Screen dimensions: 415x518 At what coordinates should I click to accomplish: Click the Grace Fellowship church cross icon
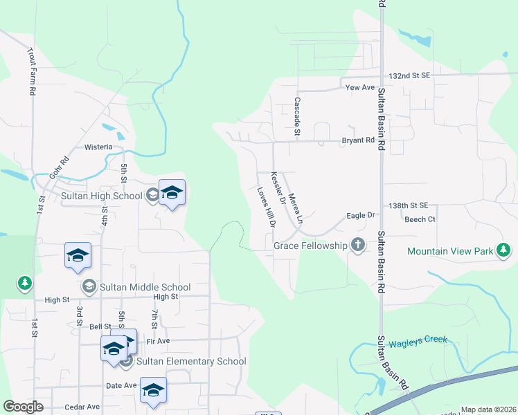(x=357, y=245)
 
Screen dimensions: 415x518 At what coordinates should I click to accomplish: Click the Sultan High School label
(x=101, y=196)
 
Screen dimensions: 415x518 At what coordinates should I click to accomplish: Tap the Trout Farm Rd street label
(x=31, y=71)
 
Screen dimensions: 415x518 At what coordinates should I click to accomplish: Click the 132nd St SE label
(x=410, y=75)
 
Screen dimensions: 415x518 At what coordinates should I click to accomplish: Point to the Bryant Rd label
(x=358, y=140)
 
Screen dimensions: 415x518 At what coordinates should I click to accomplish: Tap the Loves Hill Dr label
(x=267, y=207)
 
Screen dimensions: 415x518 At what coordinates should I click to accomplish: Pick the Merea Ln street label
(x=296, y=208)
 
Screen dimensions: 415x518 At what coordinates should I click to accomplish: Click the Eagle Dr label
(x=360, y=216)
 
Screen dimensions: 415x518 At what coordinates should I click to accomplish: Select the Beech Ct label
(x=420, y=219)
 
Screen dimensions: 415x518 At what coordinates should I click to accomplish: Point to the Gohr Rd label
(x=60, y=169)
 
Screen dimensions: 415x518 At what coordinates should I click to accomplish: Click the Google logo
(x=23, y=407)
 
